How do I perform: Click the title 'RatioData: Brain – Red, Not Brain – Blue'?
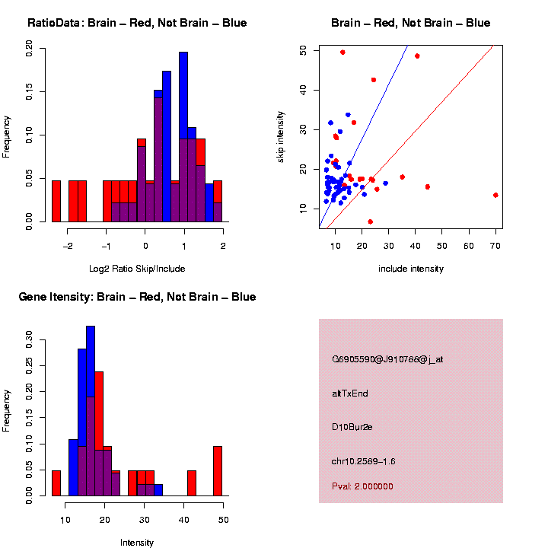(137, 23)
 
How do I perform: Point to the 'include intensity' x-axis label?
(410, 268)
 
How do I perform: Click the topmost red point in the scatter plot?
(342, 53)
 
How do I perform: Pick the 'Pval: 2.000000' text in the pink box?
(362, 486)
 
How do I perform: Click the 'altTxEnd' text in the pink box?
(350, 393)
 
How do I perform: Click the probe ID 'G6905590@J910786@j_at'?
(387, 359)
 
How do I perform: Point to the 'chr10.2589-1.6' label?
(364, 461)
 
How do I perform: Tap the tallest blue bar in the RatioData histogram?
(183, 137)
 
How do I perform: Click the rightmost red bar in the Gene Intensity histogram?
(218, 471)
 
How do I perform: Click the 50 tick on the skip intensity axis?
(304, 49)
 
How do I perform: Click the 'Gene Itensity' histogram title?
(137, 297)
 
